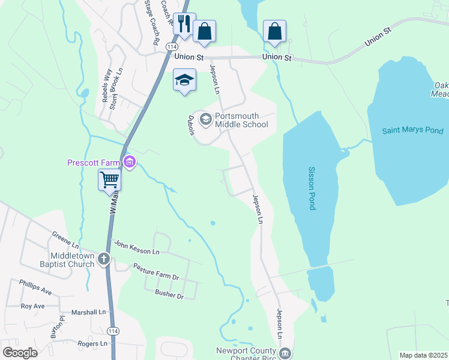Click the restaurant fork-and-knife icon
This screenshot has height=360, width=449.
click(x=184, y=25)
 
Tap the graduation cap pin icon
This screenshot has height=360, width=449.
click(x=184, y=80)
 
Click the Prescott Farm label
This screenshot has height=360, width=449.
click(x=94, y=162)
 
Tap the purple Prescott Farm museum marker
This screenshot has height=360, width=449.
click(x=130, y=161)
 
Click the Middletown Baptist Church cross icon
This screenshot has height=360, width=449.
click(x=104, y=259)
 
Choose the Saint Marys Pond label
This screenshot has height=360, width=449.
click(x=413, y=131)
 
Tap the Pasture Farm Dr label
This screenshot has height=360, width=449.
click(x=156, y=272)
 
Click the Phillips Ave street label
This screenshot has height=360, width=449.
click(x=35, y=287)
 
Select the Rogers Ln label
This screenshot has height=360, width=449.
click(x=92, y=344)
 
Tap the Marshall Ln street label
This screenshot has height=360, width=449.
click(x=88, y=312)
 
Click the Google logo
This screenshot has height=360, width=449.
click(x=20, y=353)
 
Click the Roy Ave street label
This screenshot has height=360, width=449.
click(x=33, y=306)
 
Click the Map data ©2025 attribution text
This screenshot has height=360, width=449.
click(x=423, y=355)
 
